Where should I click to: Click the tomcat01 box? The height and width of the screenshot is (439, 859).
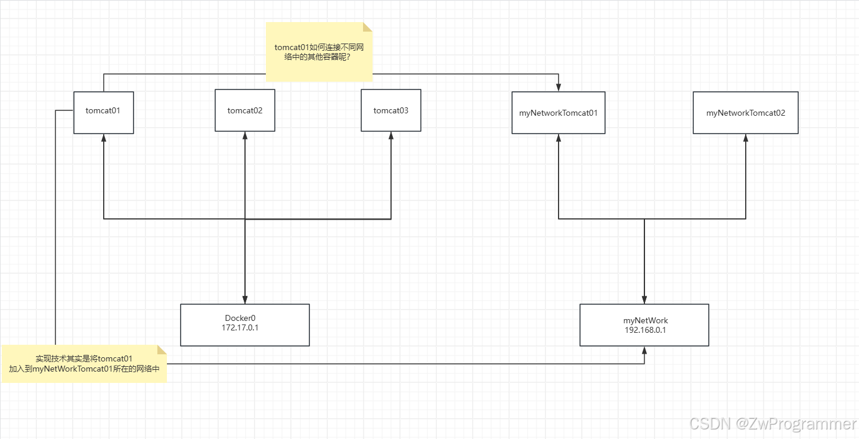[104, 112]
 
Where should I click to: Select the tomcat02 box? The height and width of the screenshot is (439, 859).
[245, 110]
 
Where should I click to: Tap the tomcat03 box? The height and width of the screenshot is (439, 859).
[391, 110]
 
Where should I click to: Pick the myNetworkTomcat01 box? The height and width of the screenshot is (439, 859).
[559, 113]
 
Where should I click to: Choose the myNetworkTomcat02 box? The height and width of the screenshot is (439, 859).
[746, 113]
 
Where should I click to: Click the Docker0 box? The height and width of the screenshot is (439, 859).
[245, 325]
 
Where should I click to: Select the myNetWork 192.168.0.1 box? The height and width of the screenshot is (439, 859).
[644, 325]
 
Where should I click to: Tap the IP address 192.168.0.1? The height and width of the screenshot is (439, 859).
[644, 330]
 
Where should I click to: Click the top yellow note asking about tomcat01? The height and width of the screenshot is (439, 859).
[319, 52]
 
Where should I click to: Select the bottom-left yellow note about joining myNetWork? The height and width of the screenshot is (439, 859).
[85, 364]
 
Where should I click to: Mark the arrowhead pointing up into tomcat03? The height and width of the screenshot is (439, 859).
[391, 136]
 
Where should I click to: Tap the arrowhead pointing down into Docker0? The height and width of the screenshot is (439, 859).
[245, 300]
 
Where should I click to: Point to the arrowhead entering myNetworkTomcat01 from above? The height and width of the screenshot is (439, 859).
[559, 88]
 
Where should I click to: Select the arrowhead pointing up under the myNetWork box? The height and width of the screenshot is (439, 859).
[644, 350]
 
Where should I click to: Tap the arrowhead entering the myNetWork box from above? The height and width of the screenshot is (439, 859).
[644, 300]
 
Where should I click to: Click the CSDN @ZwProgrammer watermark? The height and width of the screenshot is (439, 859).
[773, 423]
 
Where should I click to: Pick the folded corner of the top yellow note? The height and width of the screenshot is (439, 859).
[368, 27]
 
